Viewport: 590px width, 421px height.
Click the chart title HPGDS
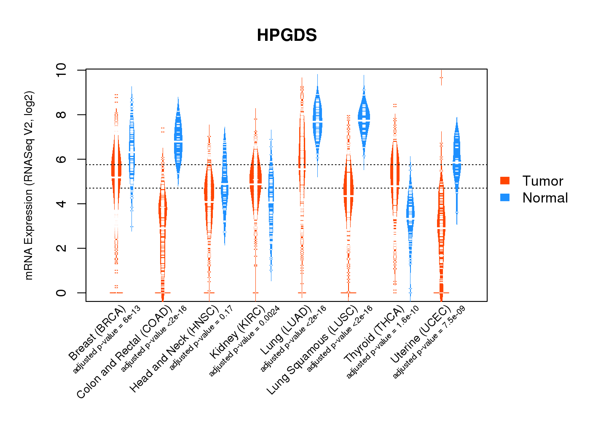(x=287, y=35)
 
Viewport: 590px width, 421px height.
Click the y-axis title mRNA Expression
(x=29, y=185)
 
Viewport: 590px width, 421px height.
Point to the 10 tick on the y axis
(x=61, y=70)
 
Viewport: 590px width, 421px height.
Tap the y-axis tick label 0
(x=61, y=293)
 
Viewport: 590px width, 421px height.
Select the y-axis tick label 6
(x=61, y=159)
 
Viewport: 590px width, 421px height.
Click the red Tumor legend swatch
(x=505, y=181)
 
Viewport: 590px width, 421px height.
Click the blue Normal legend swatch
(x=505, y=197)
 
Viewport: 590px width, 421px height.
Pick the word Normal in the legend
(x=545, y=198)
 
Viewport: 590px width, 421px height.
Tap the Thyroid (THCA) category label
(x=374, y=335)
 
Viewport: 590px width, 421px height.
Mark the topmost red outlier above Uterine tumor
(x=441, y=77)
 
